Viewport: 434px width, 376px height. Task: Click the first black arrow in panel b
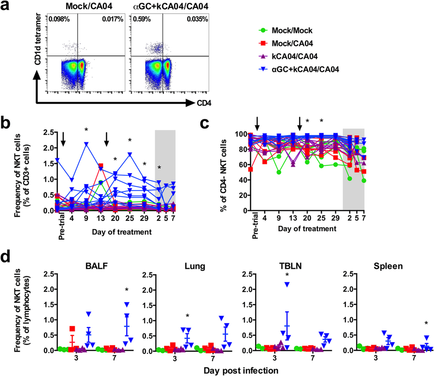pos(63,139)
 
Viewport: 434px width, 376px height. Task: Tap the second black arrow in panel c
pos(300,123)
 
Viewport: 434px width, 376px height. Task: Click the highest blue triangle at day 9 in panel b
pos(86,144)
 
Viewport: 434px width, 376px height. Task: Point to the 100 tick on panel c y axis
pos(243,134)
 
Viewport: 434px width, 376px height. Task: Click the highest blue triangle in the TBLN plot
pos(287,285)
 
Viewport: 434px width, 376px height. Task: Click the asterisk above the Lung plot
pos(188,316)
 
